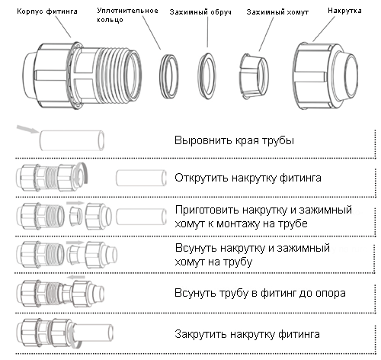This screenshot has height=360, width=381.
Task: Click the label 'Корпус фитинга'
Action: (x=47, y=11)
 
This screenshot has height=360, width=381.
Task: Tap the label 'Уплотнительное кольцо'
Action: (x=127, y=15)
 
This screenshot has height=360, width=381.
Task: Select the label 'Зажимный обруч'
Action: (x=200, y=12)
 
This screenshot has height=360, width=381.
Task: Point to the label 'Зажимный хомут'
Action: (x=277, y=12)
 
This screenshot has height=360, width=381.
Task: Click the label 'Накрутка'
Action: (x=344, y=11)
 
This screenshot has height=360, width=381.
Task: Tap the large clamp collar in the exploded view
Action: (x=254, y=76)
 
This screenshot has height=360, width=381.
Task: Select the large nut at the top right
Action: (x=325, y=76)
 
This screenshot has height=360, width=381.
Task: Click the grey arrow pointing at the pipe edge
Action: (x=27, y=129)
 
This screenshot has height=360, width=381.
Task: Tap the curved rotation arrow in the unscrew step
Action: (x=85, y=172)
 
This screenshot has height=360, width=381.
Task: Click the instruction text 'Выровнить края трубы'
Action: (x=234, y=140)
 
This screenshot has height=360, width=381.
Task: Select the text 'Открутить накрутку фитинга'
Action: (x=248, y=178)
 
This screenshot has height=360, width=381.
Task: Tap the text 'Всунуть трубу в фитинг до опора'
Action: (x=260, y=293)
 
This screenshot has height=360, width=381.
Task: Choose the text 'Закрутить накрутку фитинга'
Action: (x=247, y=334)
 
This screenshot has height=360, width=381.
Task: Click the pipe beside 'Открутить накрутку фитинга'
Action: (x=141, y=178)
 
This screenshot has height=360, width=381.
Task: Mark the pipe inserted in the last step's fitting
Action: (x=93, y=333)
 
